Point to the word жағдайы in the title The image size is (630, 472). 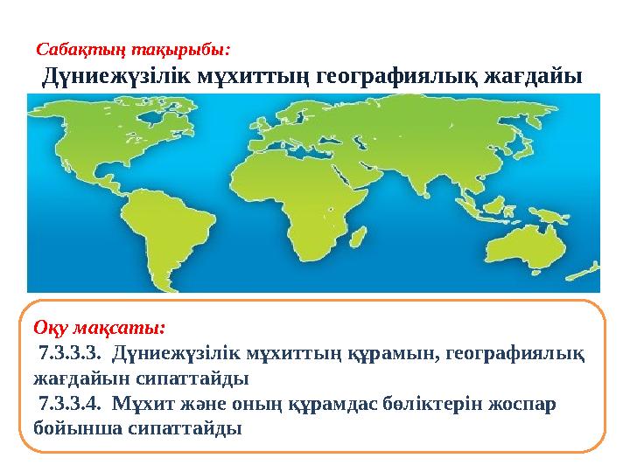click(x=534, y=78)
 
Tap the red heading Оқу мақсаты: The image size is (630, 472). click(x=98, y=329)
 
